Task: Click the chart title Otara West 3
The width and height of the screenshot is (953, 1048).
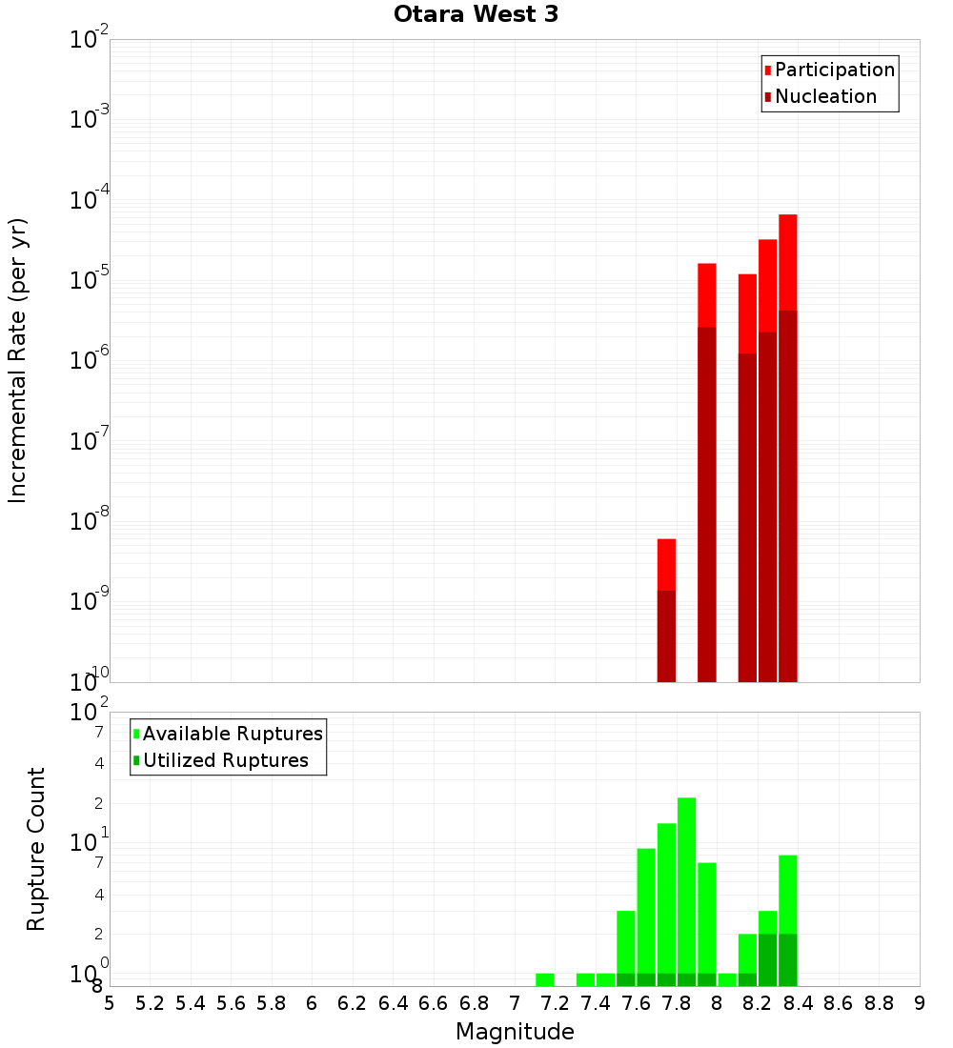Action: point(476,15)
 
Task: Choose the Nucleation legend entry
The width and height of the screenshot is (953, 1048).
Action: point(825,96)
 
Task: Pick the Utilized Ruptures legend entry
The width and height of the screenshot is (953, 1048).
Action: point(225,760)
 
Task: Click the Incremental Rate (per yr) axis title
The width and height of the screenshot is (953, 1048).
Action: point(18,360)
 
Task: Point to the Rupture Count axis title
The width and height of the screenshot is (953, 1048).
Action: point(36,848)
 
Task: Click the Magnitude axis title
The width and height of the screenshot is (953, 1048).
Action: point(515,1031)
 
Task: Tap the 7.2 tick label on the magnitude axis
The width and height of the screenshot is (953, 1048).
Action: point(555,1003)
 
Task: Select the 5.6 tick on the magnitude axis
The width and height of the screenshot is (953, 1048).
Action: point(231,1003)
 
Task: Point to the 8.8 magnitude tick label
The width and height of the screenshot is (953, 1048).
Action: point(879,1003)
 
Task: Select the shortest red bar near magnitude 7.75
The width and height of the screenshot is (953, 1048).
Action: point(666,610)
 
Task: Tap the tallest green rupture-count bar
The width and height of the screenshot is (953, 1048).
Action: point(686,886)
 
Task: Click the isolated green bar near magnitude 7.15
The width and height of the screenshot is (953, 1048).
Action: point(544,979)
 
